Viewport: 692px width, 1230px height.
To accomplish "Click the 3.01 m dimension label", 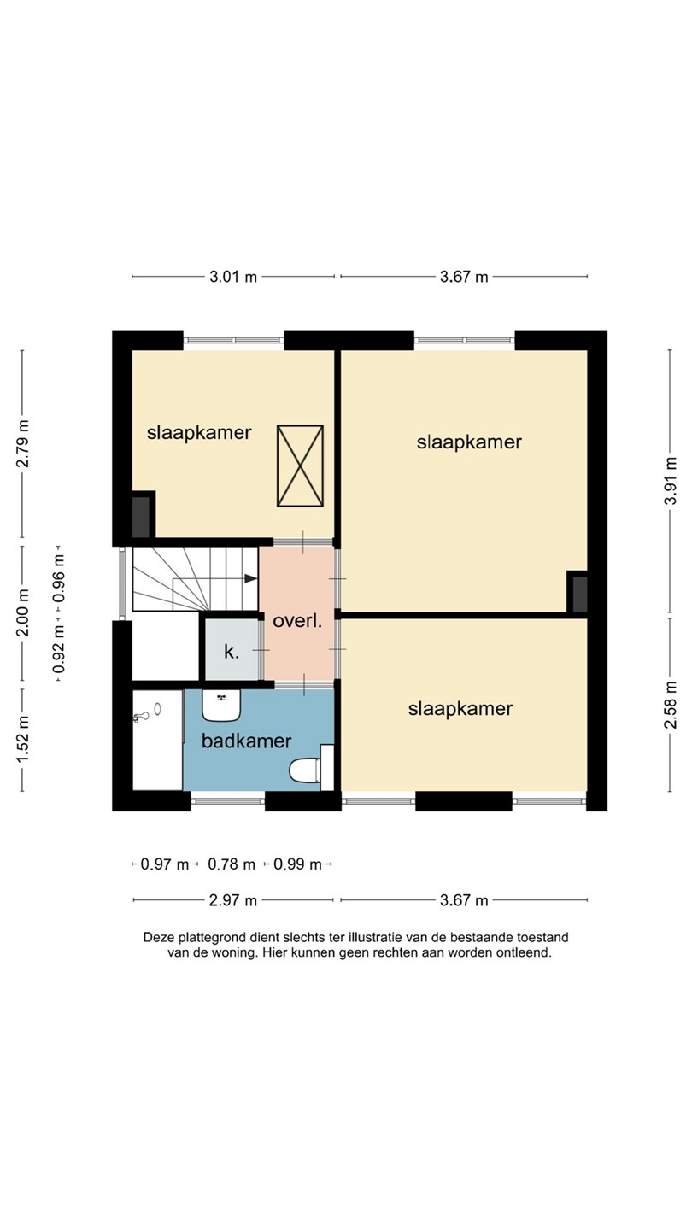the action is point(233,277).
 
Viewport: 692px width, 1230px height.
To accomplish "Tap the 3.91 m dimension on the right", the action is point(670,481).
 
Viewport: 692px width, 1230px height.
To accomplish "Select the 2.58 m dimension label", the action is point(670,705).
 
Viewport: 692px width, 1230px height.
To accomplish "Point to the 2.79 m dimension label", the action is point(22,443).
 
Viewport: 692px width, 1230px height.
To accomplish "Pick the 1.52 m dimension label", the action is point(22,739).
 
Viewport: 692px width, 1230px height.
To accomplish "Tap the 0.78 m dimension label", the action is point(232,864).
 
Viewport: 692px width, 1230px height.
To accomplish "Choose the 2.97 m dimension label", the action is point(233,900).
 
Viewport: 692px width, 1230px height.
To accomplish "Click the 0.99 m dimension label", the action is point(297,864).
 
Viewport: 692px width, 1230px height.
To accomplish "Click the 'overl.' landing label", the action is point(297,621).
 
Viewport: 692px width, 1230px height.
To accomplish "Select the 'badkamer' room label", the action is point(247,741).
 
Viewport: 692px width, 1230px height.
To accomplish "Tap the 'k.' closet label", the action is point(232,652).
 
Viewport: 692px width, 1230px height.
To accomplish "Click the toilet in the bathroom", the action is point(305,770).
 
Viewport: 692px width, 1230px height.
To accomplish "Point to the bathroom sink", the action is point(221,706).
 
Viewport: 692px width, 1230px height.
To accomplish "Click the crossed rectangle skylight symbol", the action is point(300,466).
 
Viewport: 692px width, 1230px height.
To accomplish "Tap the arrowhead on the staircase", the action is point(250,578).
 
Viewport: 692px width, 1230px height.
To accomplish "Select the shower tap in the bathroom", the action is point(142,716).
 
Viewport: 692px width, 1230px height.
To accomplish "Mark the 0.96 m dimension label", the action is point(58,577).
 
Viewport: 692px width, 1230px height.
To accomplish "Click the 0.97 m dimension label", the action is point(165,864).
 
